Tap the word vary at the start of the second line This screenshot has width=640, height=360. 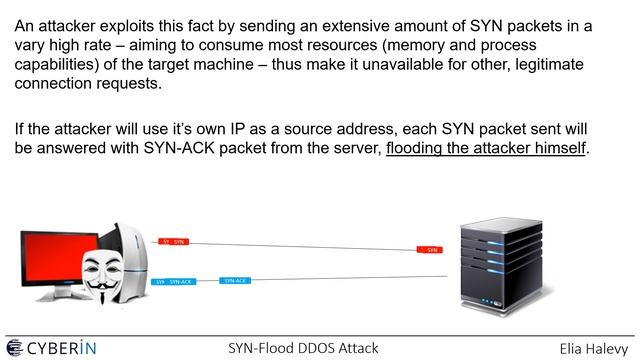pos(33,47)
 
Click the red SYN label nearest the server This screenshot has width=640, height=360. pos(430,249)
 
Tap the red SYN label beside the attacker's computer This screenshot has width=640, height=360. pos(173,242)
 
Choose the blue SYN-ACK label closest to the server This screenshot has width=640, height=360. pos(234,281)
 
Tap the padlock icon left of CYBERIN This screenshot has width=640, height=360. pos(14,347)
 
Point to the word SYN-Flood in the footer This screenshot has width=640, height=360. pos(256,348)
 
